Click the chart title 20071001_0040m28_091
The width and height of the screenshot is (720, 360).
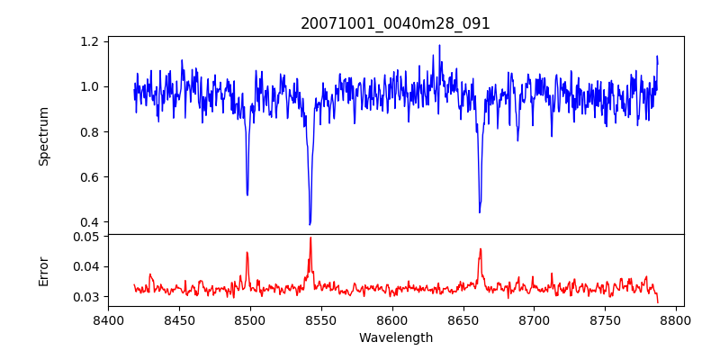tap(395, 23)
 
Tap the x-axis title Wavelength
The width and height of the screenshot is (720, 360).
tap(395, 337)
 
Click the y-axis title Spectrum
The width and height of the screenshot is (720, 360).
tap(43, 136)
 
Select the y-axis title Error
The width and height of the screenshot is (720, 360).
tap(43, 270)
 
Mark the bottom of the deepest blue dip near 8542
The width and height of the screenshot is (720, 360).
tap(310, 224)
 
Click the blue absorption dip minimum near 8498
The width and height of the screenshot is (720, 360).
tap(247, 194)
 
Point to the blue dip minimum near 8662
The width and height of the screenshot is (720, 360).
tap(480, 212)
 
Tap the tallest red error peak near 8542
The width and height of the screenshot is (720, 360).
tap(310, 238)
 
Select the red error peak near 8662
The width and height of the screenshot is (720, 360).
tap(481, 249)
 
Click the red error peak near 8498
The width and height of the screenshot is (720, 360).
tap(247, 253)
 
